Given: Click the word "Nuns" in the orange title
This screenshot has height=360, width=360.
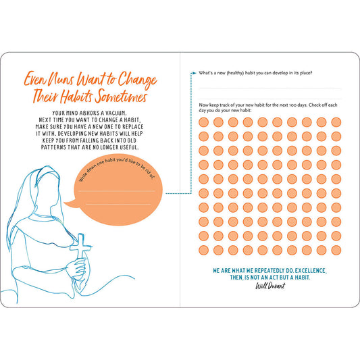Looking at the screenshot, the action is click(x=61, y=79).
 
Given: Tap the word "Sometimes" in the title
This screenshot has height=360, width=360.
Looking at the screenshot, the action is click(x=122, y=96).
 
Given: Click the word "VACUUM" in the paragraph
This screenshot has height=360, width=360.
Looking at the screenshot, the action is click(x=115, y=113).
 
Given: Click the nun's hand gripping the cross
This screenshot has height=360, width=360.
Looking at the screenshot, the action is click(x=77, y=267).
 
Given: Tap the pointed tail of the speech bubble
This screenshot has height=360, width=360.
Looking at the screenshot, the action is click(x=66, y=203).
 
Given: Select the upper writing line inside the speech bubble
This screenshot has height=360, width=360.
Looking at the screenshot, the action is click(x=117, y=190).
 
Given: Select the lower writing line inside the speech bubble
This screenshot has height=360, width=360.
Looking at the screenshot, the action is click(x=118, y=204).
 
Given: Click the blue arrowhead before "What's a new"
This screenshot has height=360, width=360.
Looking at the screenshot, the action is click(x=195, y=73).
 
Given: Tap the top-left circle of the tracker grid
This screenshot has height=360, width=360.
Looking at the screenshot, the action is click(x=204, y=122).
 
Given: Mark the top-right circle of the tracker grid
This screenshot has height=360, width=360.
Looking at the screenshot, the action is click(x=336, y=122).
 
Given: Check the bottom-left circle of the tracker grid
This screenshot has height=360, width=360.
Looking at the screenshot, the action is click(x=204, y=251).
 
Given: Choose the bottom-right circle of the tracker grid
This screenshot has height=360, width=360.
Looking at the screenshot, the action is click(x=336, y=251).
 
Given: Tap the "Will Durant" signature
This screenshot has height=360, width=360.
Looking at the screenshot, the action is click(x=270, y=286).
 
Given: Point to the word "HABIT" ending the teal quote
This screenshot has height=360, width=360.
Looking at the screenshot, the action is click(x=302, y=278).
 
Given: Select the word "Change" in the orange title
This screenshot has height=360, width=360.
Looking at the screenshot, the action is click(x=138, y=80).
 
